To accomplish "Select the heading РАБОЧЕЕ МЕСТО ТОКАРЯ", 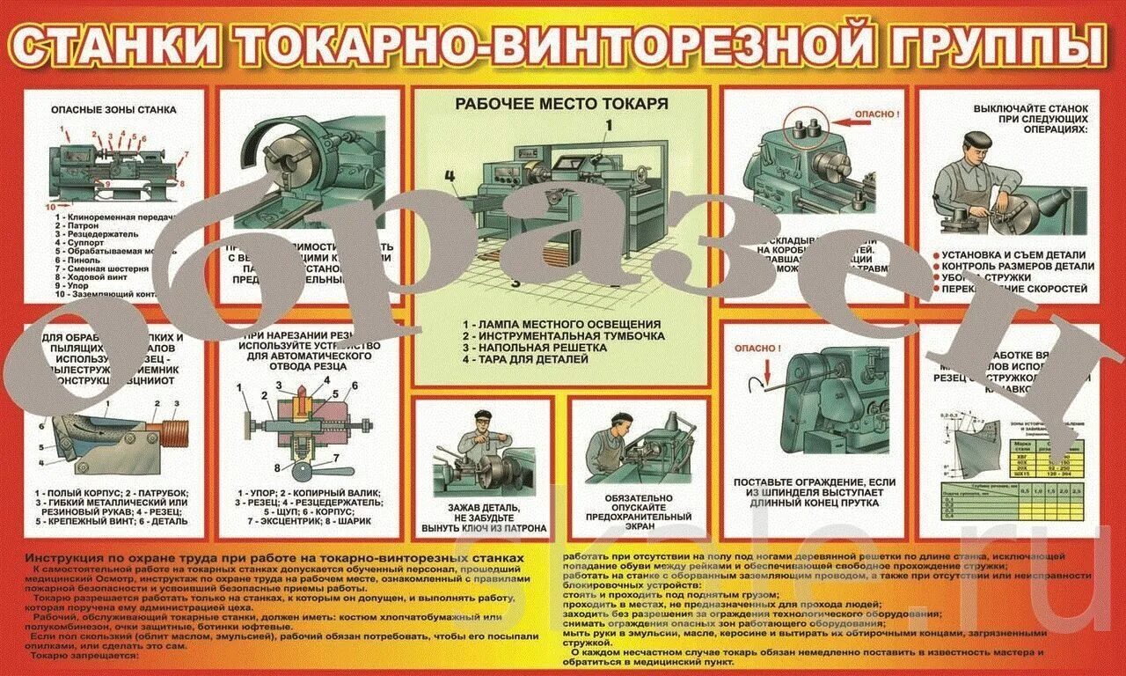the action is [x=561, y=104].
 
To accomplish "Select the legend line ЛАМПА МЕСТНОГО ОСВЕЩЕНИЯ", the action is [x=563, y=324].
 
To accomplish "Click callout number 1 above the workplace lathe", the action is [x=606, y=125].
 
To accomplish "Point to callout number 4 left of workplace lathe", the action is [x=450, y=175].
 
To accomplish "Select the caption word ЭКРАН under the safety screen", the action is [x=639, y=531].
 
